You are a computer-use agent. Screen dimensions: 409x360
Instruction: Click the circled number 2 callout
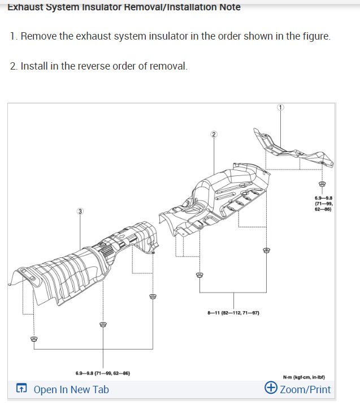click(213, 134)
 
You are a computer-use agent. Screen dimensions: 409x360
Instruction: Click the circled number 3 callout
click(80, 211)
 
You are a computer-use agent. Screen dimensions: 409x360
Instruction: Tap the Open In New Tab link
click(71, 389)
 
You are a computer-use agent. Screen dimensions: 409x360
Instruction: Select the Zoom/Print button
click(305, 389)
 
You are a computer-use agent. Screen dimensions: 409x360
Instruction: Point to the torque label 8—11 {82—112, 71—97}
click(233, 312)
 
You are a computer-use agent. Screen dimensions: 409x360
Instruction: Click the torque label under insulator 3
click(103, 373)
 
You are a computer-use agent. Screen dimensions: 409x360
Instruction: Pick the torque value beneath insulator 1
click(323, 203)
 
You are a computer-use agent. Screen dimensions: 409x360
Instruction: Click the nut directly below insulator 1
click(322, 184)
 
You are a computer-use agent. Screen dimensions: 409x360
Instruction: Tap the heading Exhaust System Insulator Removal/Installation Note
click(124, 7)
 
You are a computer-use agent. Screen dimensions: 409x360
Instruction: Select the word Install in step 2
click(34, 66)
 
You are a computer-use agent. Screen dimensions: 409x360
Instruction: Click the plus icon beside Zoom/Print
click(271, 389)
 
